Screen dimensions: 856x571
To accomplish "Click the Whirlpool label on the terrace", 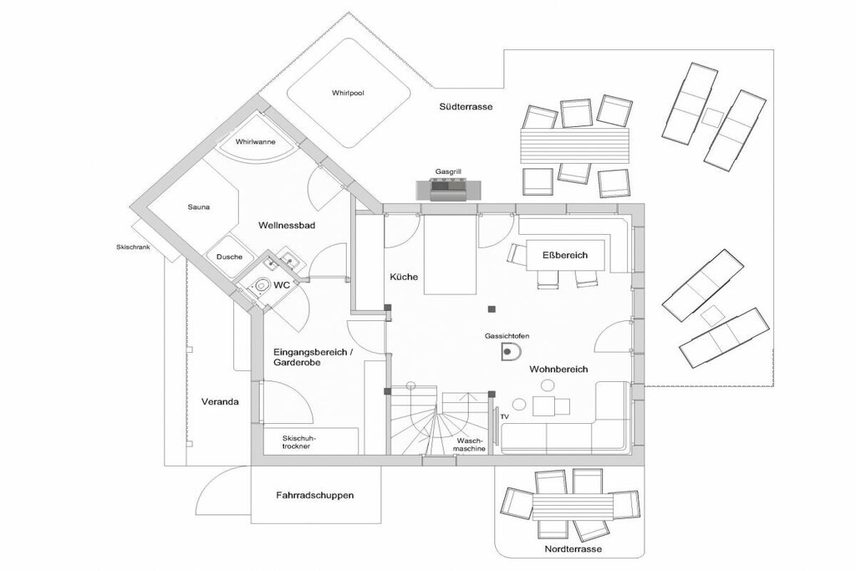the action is [x=348, y=94].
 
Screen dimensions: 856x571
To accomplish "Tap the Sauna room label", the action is [x=198, y=206].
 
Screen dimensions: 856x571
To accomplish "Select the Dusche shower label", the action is [x=229, y=257].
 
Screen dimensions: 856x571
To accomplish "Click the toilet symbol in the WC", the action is [x=262, y=284].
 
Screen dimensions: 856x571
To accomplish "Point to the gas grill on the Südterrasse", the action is [x=449, y=189].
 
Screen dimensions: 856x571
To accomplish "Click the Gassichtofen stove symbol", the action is [x=511, y=352].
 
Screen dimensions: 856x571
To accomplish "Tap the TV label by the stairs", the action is [x=504, y=417].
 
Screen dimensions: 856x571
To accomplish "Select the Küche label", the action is [x=404, y=277].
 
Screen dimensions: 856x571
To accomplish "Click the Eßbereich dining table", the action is [x=565, y=255].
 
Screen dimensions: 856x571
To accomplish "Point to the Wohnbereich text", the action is [x=558, y=369].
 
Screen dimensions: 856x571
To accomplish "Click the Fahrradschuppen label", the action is [x=315, y=496].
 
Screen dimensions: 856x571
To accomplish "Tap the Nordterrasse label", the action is [x=573, y=549].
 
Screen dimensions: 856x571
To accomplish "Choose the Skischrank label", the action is [x=133, y=247].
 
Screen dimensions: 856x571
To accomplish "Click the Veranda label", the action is [x=220, y=402].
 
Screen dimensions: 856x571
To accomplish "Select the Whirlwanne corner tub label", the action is [x=256, y=142].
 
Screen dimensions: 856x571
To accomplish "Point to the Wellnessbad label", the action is [x=287, y=225].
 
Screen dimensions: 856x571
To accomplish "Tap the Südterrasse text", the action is [x=466, y=107].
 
